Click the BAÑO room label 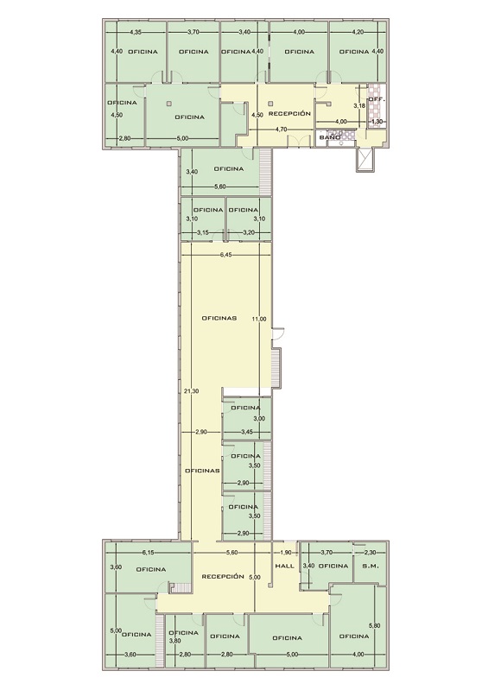coord(330,137)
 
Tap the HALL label coord(284,566)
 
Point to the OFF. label coord(377,99)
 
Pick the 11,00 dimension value coord(259,319)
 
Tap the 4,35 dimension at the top coord(136,32)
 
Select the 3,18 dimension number coord(359,105)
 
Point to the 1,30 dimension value coord(377,121)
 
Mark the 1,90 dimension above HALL coord(286,552)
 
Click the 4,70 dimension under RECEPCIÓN coord(282,130)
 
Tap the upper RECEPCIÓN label coord(289,113)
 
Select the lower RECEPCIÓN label coord(223,576)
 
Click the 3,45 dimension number coord(247,432)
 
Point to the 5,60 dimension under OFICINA coord(220,187)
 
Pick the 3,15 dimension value coord(202,232)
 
